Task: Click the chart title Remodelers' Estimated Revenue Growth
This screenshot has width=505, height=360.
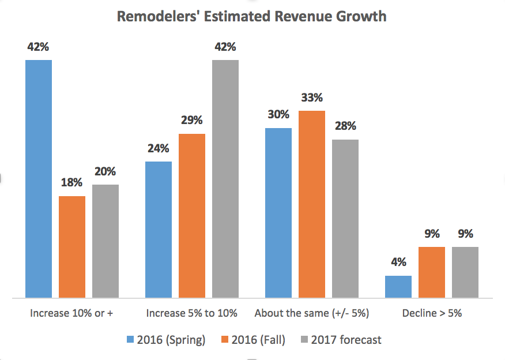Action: click(251, 16)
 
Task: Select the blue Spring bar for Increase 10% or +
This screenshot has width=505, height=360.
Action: click(39, 179)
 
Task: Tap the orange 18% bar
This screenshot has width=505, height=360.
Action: click(72, 247)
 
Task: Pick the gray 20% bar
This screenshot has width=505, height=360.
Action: click(105, 241)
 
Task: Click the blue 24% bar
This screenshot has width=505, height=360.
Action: click(159, 230)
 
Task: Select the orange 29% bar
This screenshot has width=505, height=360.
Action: click(192, 216)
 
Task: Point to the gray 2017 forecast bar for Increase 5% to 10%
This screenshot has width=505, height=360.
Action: click(225, 179)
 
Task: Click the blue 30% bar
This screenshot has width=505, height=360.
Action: click(278, 213)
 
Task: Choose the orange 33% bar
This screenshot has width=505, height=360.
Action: click(312, 204)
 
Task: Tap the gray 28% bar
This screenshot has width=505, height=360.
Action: click(345, 219)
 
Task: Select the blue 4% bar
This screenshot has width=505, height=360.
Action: click(398, 287)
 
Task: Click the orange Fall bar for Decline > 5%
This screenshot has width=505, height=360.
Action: click(432, 272)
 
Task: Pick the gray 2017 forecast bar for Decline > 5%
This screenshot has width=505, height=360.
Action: click(465, 272)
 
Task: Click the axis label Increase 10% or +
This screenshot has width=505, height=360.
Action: click(71, 314)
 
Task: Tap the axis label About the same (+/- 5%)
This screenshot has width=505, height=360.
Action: click(312, 314)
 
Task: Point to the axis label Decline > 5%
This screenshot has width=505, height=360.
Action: click(432, 314)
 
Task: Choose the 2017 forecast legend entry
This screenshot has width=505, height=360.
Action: click(340, 340)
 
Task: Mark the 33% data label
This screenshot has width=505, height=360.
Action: click(311, 97)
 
